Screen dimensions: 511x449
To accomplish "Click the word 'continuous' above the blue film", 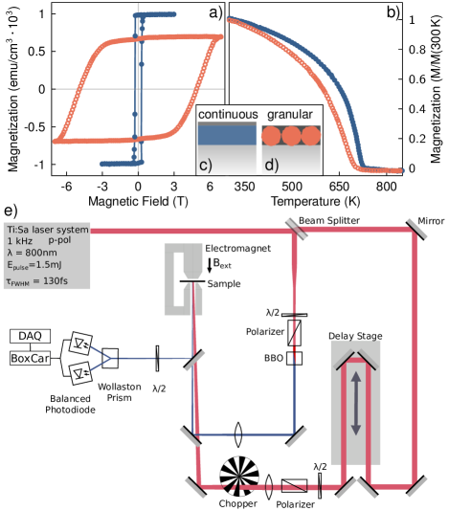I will pos(227,115).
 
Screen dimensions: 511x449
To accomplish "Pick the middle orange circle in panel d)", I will pos(290,135).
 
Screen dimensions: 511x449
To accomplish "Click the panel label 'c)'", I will pos(205,164).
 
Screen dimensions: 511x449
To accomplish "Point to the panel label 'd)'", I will pos(272,164).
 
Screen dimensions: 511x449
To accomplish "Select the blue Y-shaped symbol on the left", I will pos(102,358).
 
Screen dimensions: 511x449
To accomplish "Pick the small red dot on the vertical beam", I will pos(294,352).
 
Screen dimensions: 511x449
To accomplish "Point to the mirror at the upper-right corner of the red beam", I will pos(415,231).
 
